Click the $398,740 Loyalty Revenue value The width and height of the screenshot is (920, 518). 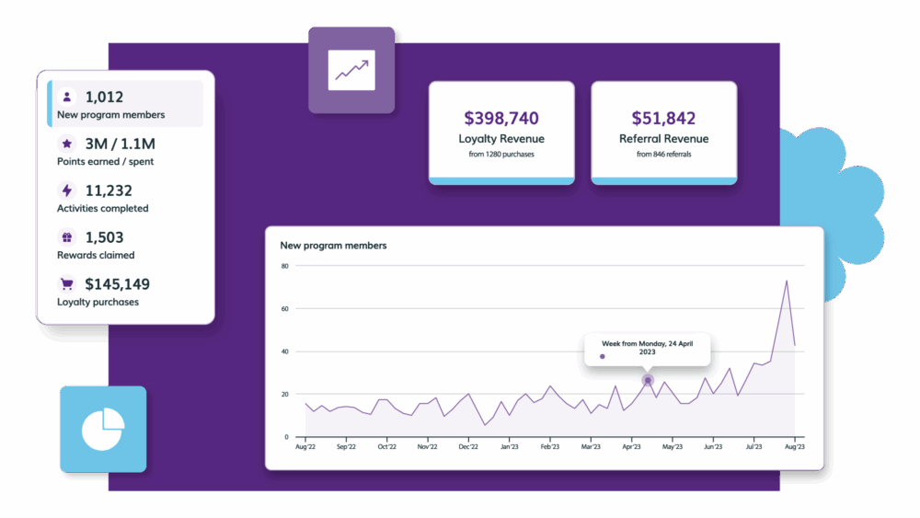tap(501, 119)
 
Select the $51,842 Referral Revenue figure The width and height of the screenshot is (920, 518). tap(663, 119)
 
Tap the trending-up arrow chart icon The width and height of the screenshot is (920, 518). tap(351, 70)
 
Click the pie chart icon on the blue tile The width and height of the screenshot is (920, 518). tap(103, 429)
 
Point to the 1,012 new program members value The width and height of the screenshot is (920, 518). tap(104, 97)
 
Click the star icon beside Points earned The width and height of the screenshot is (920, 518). tap(66, 144)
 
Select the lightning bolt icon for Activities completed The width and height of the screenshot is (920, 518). tap(66, 190)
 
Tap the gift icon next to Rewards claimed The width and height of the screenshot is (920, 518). tap(66, 237)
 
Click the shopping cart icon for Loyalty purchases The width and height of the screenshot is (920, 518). tap(66, 284)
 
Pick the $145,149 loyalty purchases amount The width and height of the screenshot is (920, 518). tap(117, 284)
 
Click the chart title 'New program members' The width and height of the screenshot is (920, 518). tap(333, 246)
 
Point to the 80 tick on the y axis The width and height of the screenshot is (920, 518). tap(285, 266)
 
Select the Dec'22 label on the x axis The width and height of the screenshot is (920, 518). tap(468, 447)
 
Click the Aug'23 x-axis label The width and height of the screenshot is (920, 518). tap(794, 447)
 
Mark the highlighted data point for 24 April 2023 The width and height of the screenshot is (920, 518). tap(648, 380)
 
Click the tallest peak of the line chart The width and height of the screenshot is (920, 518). tap(787, 281)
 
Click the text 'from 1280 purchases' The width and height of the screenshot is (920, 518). tap(501, 154)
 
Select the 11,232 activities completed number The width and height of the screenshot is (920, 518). tap(109, 190)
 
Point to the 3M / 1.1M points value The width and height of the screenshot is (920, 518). tap(120, 144)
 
